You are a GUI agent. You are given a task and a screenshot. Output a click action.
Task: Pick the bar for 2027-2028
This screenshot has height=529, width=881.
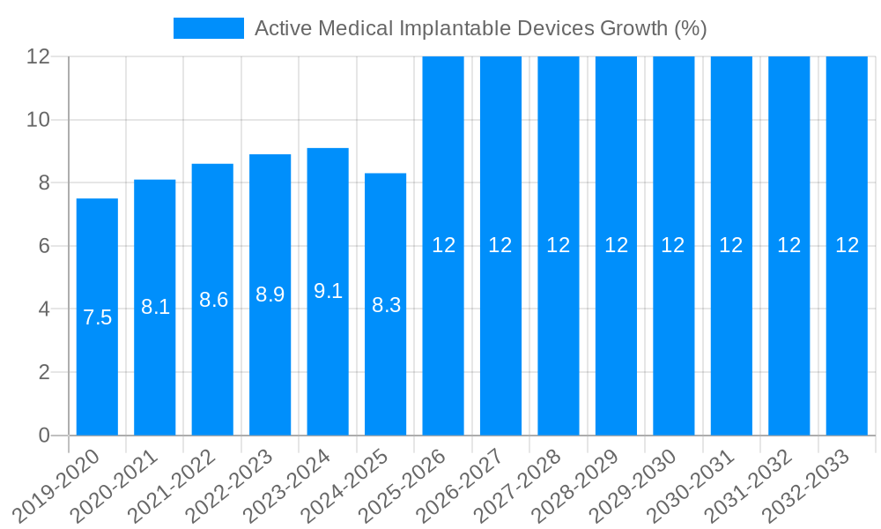[x=559, y=353]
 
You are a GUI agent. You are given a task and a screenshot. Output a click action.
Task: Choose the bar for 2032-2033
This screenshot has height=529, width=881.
[x=847, y=353]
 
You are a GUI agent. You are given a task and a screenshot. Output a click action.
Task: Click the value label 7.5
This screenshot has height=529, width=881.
[x=97, y=317]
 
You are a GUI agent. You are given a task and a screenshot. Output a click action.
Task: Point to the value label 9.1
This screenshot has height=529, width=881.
[x=328, y=291]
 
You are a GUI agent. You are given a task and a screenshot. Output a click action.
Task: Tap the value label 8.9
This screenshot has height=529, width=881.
[x=270, y=294]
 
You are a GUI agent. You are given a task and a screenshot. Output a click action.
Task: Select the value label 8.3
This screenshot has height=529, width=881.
[x=386, y=305]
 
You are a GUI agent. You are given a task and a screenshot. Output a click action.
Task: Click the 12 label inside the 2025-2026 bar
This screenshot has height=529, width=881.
[x=443, y=245]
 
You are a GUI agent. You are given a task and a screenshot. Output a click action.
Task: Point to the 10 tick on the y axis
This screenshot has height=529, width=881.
[x=38, y=120]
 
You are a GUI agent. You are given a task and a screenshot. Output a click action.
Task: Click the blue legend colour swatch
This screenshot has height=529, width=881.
[x=209, y=28]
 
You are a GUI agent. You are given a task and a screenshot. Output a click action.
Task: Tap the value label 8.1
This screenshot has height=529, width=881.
[x=155, y=307]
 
